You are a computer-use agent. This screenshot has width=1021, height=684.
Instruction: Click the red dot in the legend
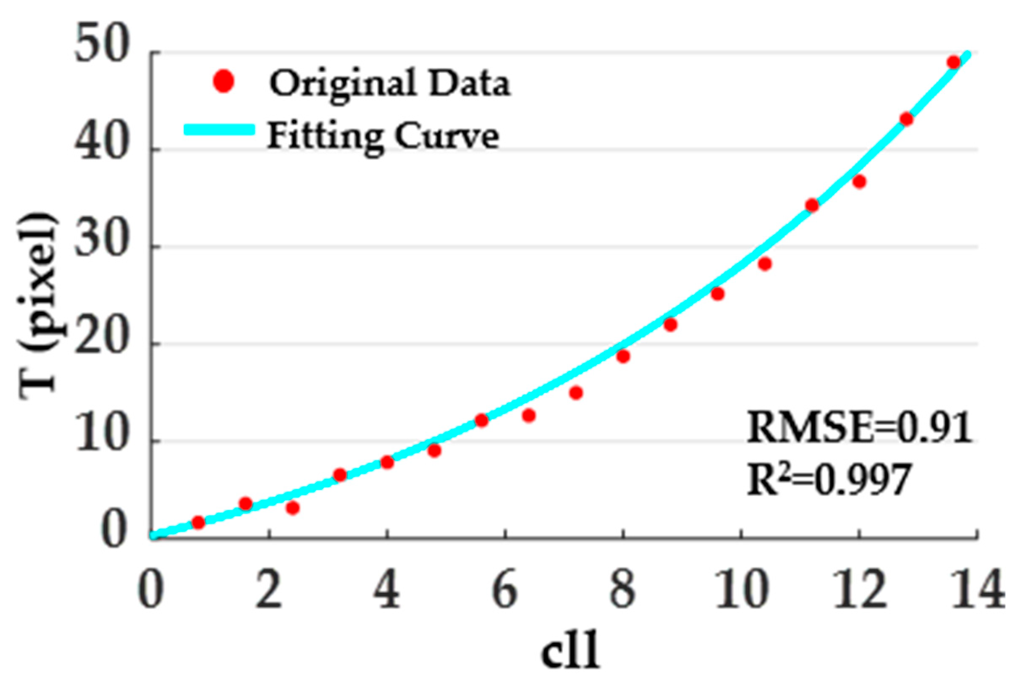tap(224, 81)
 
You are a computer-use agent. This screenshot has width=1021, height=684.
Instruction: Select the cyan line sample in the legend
tap(219, 130)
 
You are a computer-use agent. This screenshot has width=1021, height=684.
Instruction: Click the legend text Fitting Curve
tap(383, 136)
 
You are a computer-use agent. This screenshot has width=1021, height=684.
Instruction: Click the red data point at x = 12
tap(859, 181)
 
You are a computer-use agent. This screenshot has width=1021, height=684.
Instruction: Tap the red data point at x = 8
tap(623, 356)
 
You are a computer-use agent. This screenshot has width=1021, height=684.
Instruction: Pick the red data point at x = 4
tap(387, 462)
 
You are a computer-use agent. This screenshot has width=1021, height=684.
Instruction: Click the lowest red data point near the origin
tap(198, 522)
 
